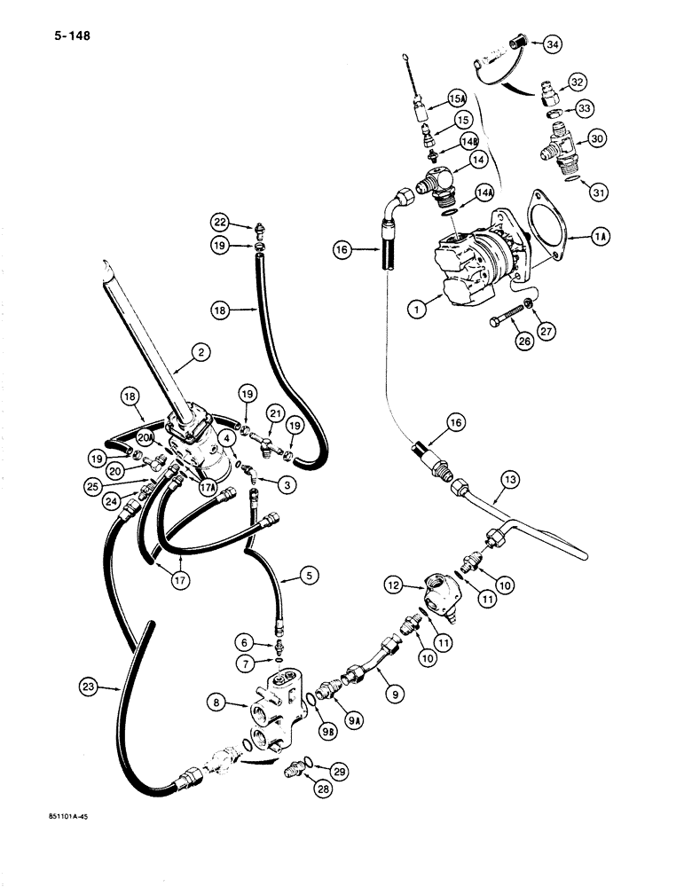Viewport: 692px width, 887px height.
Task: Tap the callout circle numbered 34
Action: [x=552, y=43]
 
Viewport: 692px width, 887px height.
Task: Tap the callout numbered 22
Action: [x=219, y=221]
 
